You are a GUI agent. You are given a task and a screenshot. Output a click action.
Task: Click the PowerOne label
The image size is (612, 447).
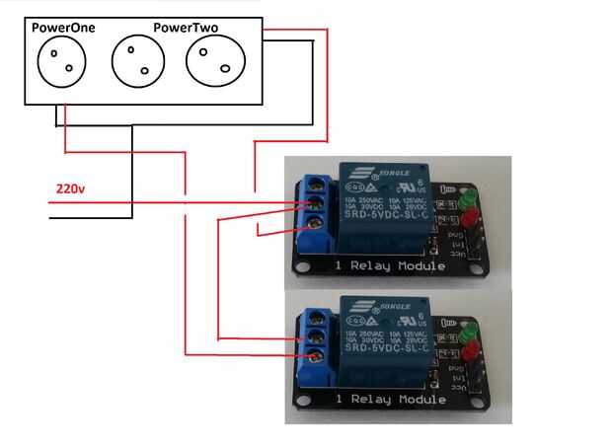click(x=63, y=28)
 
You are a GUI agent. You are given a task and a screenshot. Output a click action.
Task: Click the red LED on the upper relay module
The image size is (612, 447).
click(x=470, y=215)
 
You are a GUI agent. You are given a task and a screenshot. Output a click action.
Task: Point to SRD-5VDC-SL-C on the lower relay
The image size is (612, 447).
click(x=380, y=351)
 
